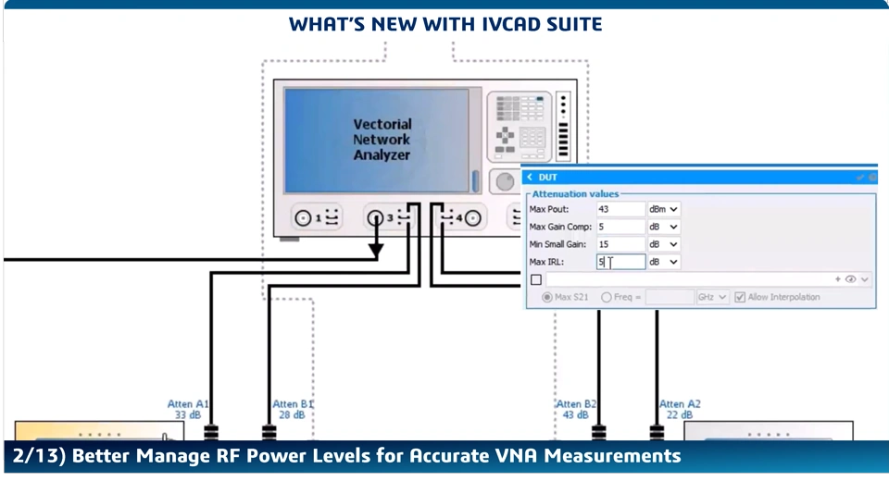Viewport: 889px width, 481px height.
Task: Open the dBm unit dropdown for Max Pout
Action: (664, 210)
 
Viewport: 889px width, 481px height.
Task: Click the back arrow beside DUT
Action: (530, 177)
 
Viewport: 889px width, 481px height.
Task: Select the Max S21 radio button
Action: (546, 297)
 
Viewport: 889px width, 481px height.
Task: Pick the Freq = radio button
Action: (607, 297)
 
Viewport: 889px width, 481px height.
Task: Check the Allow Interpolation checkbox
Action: (740, 297)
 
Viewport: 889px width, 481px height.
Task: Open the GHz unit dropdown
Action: (713, 297)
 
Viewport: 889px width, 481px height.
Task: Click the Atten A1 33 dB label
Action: (188, 410)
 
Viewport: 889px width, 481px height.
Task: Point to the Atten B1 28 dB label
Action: (293, 410)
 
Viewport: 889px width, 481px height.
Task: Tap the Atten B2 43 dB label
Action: (575, 410)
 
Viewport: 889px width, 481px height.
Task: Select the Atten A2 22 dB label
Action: (680, 410)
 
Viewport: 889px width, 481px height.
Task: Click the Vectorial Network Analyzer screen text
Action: (382, 140)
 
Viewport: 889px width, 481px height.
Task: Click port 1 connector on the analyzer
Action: (303, 218)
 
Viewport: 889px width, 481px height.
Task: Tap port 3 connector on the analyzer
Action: (375, 218)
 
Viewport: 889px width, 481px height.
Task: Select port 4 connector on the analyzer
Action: (472, 218)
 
